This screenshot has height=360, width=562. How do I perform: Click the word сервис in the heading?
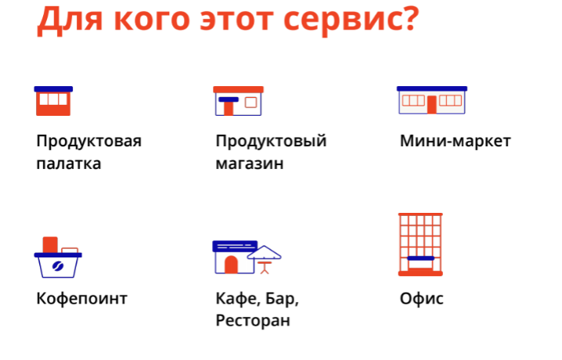click(x=342, y=19)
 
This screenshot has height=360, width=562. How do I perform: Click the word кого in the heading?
click(x=152, y=20)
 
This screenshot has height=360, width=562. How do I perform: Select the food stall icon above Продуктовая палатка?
click(x=53, y=101)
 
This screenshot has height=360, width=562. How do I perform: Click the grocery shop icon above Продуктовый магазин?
click(x=239, y=101)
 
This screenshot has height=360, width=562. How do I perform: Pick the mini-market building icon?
click(x=432, y=100)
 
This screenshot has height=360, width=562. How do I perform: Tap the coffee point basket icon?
click(x=58, y=257)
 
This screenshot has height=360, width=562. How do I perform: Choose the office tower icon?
click(x=420, y=244)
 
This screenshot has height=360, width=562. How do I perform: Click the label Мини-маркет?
click(x=456, y=141)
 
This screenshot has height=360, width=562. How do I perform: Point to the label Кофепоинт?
click(x=81, y=298)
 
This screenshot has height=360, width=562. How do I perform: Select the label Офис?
click(x=421, y=298)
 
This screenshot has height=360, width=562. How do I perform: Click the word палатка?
click(x=69, y=164)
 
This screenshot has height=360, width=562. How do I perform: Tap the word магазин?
click(x=250, y=164)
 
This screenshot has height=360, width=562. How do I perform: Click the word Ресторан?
click(x=253, y=320)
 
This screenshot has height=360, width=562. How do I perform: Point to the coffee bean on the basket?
click(x=58, y=267)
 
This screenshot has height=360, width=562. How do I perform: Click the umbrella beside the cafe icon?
click(x=264, y=259)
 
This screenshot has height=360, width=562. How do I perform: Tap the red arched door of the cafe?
click(x=231, y=265)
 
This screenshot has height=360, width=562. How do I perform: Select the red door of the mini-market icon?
click(x=432, y=105)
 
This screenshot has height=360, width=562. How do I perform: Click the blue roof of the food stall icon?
click(x=53, y=89)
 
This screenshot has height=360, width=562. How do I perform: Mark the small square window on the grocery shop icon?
click(x=251, y=103)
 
